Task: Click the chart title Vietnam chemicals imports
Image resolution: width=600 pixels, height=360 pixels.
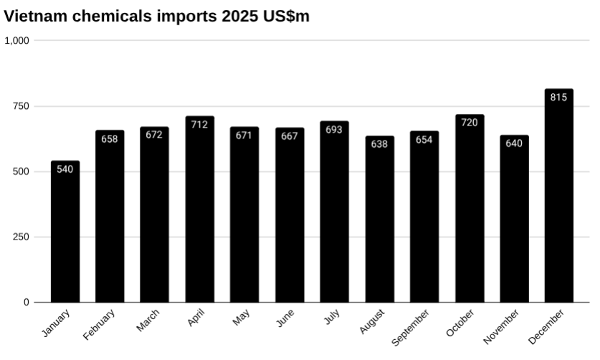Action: click(x=157, y=16)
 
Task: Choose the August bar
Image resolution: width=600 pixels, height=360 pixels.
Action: click(x=379, y=222)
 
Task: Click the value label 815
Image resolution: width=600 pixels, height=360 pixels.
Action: click(x=559, y=97)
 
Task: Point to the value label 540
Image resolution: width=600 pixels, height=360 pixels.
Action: click(x=65, y=169)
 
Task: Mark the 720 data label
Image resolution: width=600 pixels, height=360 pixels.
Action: click(x=470, y=123)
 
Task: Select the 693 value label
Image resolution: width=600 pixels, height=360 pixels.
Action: click(x=334, y=130)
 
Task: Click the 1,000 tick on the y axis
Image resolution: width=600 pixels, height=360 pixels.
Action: click(x=17, y=41)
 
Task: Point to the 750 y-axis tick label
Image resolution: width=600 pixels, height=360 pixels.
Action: click(x=21, y=106)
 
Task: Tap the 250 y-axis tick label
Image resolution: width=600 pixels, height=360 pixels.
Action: click(x=21, y=237)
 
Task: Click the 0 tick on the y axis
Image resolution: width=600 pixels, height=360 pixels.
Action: click(x=27, y=303)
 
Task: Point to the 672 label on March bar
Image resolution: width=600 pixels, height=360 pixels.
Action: click(x=154, y=135)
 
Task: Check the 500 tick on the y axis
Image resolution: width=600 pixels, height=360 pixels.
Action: click(x=21, y=172)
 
